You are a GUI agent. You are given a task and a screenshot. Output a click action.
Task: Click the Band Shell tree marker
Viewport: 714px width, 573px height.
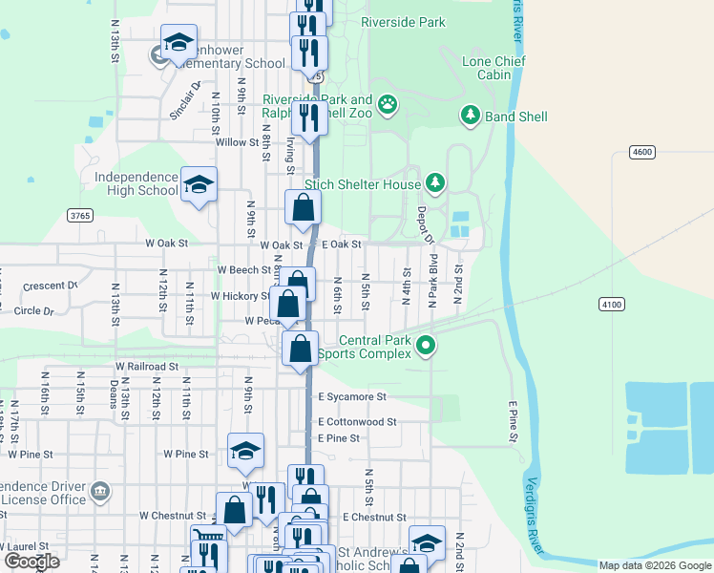pos(471,117)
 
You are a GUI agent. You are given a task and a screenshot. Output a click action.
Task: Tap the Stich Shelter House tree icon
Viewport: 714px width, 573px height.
pos(435,182)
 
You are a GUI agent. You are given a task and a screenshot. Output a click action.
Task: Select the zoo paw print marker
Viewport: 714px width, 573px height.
pos(388,104)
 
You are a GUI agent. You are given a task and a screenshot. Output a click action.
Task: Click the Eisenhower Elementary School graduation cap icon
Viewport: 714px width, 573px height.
pos(178,43)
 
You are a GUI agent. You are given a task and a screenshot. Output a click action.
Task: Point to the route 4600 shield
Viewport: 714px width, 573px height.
pos(642,152)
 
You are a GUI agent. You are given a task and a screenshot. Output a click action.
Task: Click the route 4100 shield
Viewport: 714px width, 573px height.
pos(612,304)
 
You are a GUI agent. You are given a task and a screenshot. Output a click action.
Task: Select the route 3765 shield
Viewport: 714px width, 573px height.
pos(80,216)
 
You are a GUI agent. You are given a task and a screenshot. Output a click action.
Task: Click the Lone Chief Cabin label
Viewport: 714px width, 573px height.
pos(487,68)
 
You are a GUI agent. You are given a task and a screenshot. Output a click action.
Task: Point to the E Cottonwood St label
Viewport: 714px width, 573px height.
pos(357,421)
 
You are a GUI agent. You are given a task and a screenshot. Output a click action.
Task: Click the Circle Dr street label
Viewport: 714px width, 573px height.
pos(34,310)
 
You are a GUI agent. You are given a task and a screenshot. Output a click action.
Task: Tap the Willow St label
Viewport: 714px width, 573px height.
pos(231,142)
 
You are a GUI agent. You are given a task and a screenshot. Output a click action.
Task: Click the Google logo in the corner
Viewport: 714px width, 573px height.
pos(31,561)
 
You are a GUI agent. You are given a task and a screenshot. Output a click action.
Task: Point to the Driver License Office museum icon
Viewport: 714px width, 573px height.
pos(99,493)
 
